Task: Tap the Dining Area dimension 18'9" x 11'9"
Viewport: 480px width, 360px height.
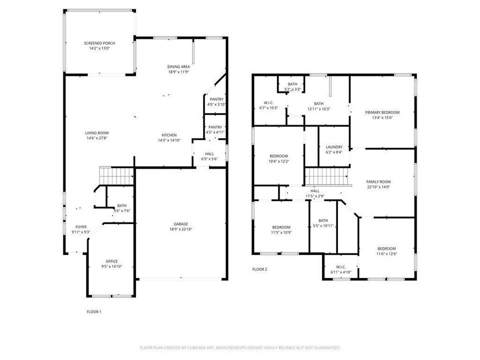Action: coord(178,72)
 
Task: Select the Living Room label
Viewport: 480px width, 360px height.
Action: coord(96,132)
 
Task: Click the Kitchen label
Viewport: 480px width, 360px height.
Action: coord(168,135)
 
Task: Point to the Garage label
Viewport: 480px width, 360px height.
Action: coord(180,224)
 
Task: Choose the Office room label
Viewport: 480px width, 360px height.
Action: coord(111,261)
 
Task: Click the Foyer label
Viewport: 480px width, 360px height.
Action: coord(81,227)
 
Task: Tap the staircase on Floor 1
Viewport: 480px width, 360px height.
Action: coord(116,176)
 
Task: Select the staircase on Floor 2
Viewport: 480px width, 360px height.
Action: coord(326,176)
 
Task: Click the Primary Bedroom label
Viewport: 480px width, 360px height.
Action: coord(382,112)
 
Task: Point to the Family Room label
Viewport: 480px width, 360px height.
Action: coord(378,182)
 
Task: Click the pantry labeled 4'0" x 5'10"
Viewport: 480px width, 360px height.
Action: coord(216,99)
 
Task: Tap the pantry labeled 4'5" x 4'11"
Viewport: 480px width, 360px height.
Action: coord(215,127)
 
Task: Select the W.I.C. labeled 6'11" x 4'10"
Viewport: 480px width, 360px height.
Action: coord(341,267)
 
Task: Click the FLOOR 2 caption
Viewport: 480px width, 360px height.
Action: coord(259,269)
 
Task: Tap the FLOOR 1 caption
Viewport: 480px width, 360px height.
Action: coord(94,311)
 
